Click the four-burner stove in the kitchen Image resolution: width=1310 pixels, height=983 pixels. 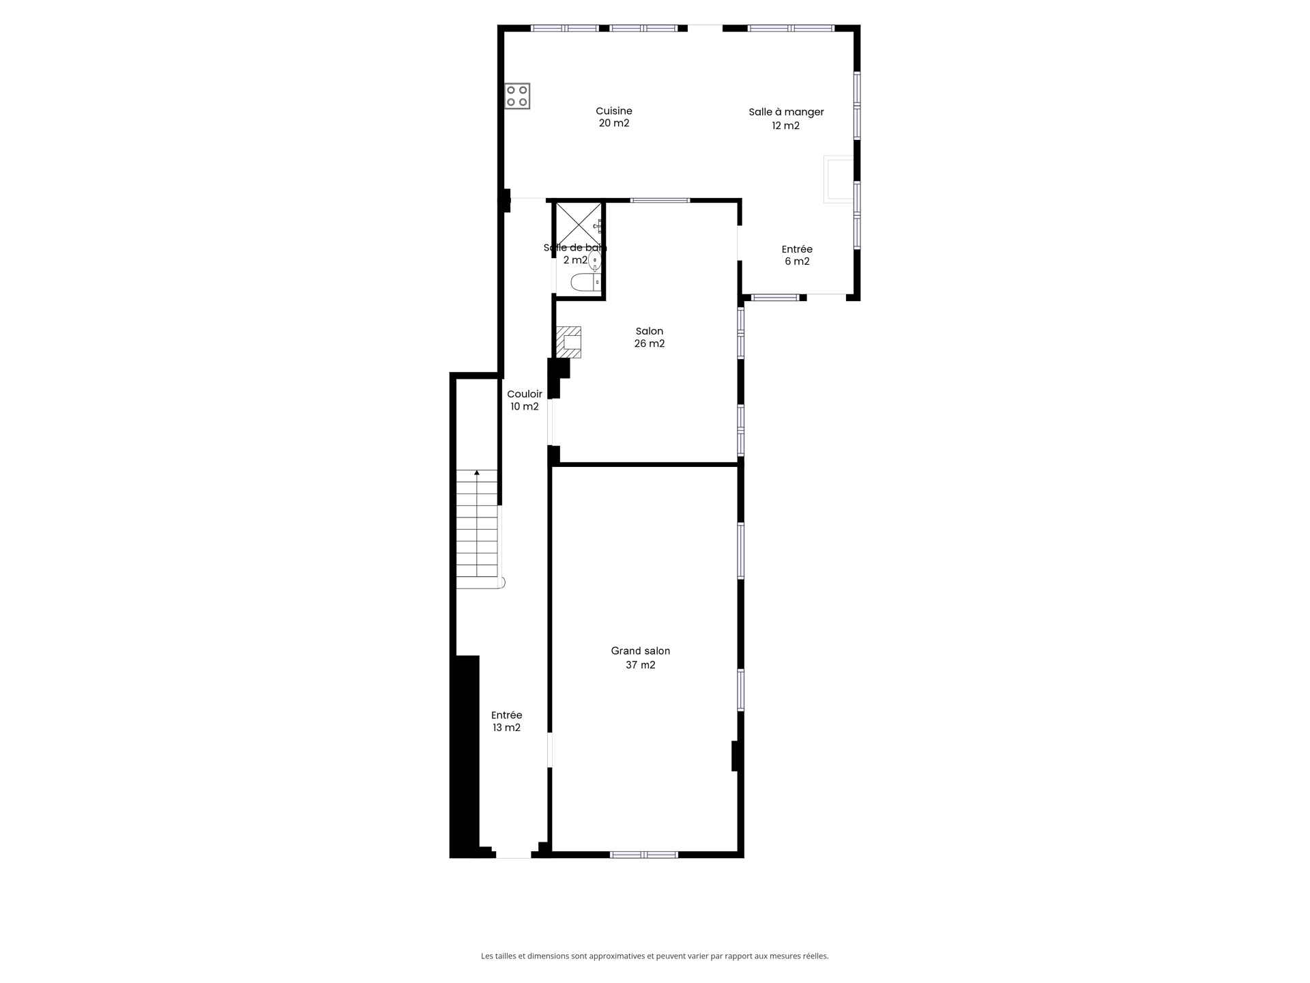[517, 96]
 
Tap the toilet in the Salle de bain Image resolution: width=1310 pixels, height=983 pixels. [585, 282]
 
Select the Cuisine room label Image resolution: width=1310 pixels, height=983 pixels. [613, 111]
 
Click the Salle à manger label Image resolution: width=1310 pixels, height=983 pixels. [786, 112]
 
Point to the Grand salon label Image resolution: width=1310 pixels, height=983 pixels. [640, 651]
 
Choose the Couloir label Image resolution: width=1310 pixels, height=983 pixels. [524, 394]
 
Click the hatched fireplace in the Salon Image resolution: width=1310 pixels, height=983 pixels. [568, 342]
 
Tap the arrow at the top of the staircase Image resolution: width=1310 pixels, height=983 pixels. [477, 472]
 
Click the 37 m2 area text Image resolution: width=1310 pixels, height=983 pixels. [640, 665]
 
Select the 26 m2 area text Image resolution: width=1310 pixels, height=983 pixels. [649, 343]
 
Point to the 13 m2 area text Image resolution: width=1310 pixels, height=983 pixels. [506, 728]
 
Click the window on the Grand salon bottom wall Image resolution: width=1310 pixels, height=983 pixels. [643, 855]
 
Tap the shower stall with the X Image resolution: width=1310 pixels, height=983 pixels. [579, 223]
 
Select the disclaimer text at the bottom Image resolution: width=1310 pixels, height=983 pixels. [654, 956]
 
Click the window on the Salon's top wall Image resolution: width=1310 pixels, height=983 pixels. [660, 200]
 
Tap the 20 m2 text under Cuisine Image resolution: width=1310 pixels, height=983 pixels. [613, 124]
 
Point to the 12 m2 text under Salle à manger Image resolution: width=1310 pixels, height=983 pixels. [785, 126]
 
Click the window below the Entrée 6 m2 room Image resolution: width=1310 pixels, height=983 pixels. [774, 297]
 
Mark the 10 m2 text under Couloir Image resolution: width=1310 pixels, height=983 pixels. [524, 407]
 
